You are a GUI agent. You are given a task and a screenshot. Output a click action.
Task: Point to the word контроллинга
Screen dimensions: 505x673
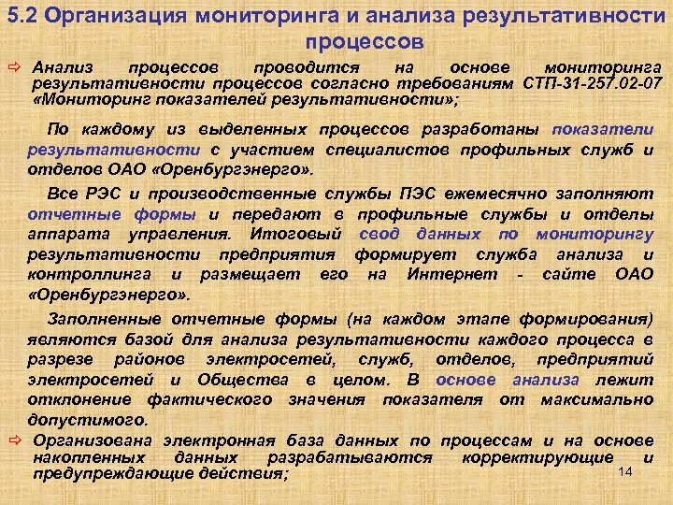click(90, 274)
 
